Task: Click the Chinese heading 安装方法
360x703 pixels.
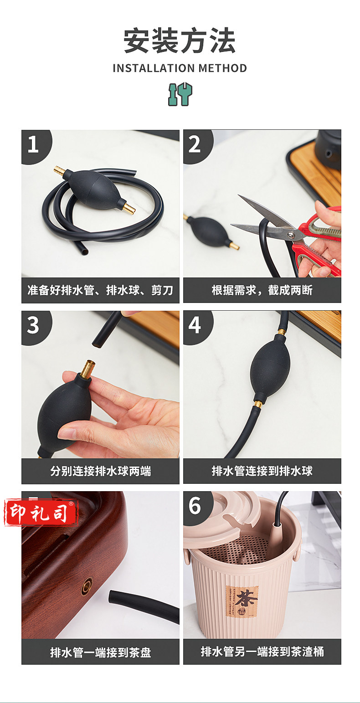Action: tap(180, 41)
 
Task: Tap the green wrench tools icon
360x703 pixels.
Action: tap(180, 94)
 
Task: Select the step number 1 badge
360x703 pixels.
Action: tap(35, 145)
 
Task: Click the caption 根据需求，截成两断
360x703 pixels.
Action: tap(262, 290)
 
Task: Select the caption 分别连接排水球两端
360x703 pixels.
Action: tap(100, 471)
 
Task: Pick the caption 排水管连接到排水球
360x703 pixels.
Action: tap(262, 471)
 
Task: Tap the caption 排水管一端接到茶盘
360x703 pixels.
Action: tap(100, 652)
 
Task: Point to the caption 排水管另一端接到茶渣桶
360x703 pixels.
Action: tap(262, 652)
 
